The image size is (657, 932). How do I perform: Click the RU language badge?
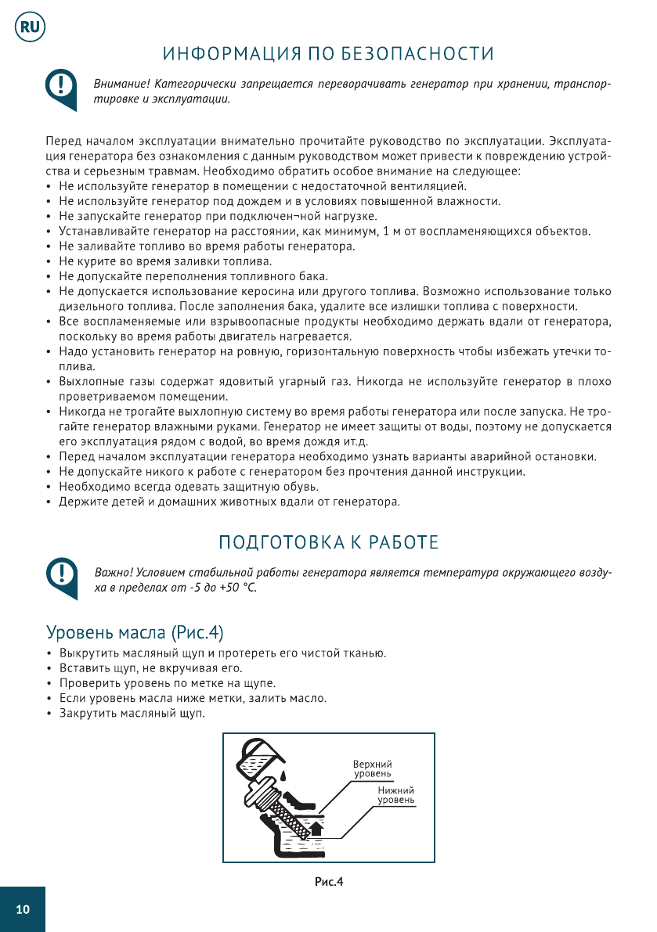[x=29, y=27]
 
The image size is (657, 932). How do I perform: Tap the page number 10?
[x=23, y=909]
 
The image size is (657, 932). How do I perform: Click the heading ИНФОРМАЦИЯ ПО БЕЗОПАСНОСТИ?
[x=328, y=54]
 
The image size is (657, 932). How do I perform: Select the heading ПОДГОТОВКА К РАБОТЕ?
[x=328, y=542]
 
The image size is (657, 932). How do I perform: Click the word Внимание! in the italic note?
[x=121, y=83]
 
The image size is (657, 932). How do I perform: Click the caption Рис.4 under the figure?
[x=329, y=882]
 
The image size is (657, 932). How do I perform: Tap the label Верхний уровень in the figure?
[x=372, y=768]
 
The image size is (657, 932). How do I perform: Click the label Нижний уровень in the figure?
[x=396, y=795]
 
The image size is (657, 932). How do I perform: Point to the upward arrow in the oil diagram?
[x=316, y=827]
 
